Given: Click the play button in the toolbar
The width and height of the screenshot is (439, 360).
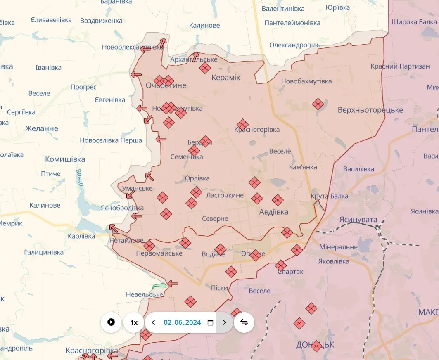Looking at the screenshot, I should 111,322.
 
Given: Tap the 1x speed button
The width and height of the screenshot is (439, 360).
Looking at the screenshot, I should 134,322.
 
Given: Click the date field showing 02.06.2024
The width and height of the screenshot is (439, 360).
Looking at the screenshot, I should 182,322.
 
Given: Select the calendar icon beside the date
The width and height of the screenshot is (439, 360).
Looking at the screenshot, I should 210,322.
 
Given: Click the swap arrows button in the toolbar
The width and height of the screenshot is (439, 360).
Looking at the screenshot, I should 244,322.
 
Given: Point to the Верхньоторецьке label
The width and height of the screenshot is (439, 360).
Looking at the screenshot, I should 370,110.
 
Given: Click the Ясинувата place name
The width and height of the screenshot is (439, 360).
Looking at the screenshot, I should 358,220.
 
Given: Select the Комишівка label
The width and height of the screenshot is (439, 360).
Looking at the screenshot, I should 65,159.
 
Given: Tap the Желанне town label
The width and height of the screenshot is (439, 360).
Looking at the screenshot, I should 42,128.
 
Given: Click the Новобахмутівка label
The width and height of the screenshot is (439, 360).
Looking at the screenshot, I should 306,81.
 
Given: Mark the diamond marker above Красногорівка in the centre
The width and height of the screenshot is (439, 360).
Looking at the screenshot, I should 242,124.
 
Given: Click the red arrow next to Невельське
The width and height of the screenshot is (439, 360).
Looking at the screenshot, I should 173,284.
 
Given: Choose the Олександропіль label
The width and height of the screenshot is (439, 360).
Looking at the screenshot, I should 294,45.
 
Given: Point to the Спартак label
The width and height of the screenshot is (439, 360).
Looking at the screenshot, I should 290,272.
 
